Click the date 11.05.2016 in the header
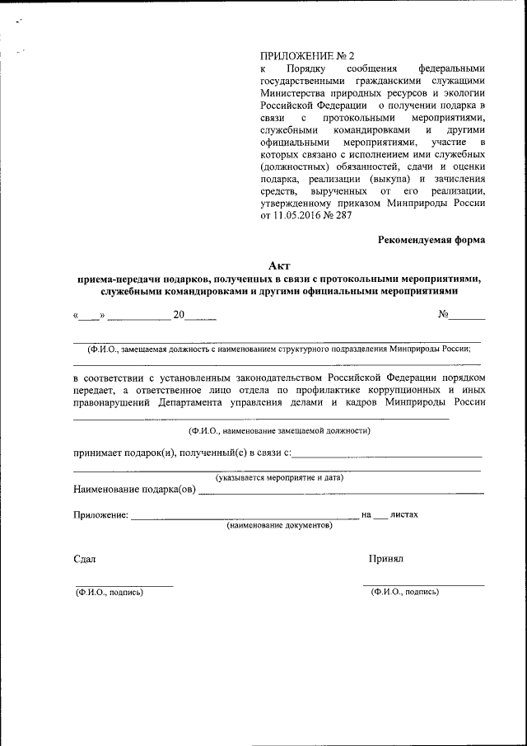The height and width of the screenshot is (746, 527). tap(296, 216)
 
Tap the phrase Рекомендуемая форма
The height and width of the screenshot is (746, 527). tap(431, 240)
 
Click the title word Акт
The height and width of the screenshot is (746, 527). tap(279, 265)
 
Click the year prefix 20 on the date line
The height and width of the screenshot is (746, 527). tap(179, 314)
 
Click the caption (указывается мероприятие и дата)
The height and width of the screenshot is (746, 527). tap(279, 477)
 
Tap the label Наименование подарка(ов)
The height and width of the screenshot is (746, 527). tap(135, 490)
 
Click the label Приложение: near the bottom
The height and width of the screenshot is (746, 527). tap(100, 515)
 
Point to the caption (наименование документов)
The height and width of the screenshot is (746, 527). tap(279, 525)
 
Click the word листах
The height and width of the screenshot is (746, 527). tap(404, 514)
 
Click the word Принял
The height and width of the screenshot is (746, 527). tap(386, 558)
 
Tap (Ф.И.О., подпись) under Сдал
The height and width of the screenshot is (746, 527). tap(109, 592)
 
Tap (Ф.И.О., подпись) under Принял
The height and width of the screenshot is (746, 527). tap(404, 592)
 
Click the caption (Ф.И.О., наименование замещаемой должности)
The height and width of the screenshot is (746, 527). tap(279, 430)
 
